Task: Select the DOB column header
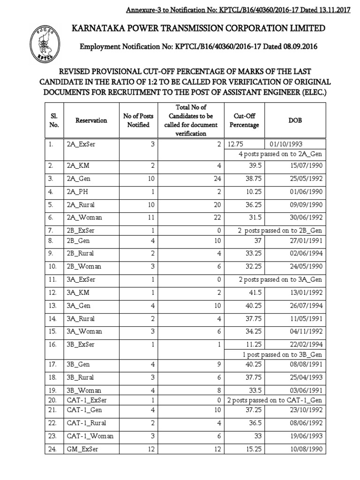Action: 295,120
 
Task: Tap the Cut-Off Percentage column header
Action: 244,120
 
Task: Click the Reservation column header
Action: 91,120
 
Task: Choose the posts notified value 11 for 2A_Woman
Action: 150,217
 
